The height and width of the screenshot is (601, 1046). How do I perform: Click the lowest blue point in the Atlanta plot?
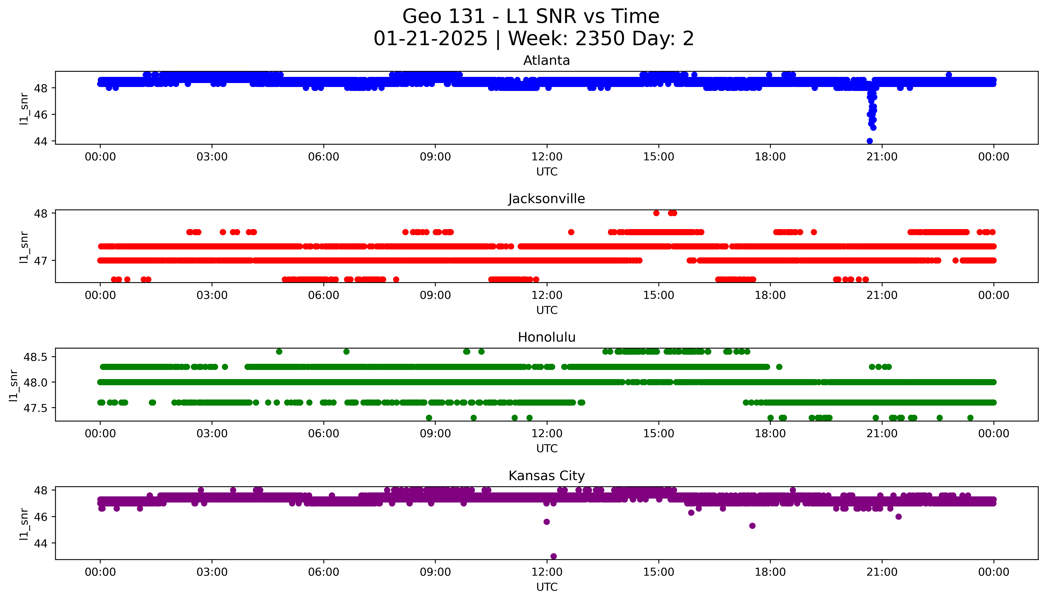click(x=869, y=141)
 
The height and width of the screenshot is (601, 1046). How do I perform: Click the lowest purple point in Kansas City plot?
click(x=553, y=556)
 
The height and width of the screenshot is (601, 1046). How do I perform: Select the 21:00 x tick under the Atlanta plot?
click(x=882, y=157)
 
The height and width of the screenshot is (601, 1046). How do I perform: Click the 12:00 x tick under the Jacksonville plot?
click(x=547, y=295)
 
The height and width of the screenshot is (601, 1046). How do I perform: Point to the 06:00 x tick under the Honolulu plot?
click(x=324, y=433)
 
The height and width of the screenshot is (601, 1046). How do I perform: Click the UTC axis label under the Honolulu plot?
click(x=547, y=448)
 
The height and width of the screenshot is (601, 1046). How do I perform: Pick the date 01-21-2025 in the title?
click(x=430, y=39)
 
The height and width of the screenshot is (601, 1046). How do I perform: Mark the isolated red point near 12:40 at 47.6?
click(x=571, y=232)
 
